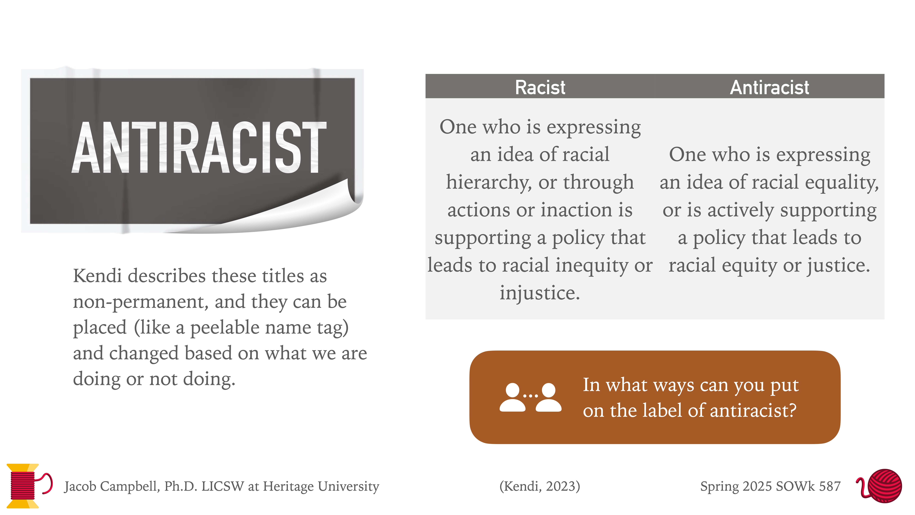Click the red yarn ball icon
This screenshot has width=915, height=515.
point(884,485)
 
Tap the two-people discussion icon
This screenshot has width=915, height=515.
point(530,397)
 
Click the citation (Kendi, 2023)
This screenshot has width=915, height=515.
point(540,486)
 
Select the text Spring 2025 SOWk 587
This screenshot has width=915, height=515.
point(770,486)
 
